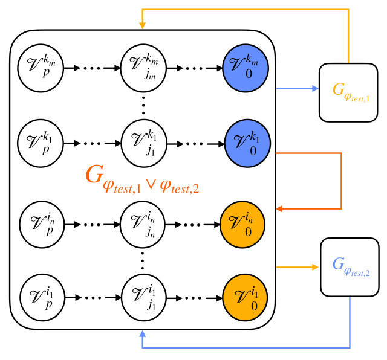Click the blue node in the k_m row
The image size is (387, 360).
(246, 68)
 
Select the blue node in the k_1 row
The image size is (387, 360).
(247, 143)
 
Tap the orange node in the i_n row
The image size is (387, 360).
(242, 224)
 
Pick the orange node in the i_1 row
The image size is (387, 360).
(245, 297)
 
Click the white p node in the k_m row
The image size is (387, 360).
(41, 68)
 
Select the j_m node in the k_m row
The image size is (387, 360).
(143, 68)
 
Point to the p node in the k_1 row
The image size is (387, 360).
(41, 143)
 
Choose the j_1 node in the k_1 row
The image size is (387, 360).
(144, 143)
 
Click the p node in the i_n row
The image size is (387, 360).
(42, 224)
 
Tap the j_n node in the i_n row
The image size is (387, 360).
(143, 224)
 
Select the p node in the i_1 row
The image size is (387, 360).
(42, 297)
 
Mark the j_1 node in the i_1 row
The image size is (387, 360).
(144, 297)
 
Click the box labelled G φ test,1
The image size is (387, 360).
(348, 92)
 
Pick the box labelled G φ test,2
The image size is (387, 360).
(350, 267)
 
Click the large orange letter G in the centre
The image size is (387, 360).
(94, 174)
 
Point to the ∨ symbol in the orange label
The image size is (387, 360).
(151, 184)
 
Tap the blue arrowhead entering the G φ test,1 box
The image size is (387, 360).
(315, 88)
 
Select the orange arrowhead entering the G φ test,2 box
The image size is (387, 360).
(315, 267)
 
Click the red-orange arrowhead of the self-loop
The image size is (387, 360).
(279, 209)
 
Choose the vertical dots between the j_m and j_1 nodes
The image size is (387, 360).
(143, 106)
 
